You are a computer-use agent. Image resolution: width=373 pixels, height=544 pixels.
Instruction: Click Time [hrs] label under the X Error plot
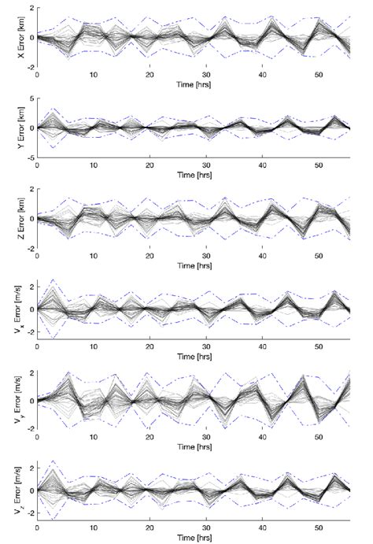[x=194, y=83]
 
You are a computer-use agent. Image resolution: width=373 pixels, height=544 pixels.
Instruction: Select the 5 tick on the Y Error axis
[x=30, y=98]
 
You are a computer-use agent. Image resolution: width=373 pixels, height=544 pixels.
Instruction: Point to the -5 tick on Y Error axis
[x=28, y=157]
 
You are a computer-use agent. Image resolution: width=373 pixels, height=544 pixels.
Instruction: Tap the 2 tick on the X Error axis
[x=30, y=8]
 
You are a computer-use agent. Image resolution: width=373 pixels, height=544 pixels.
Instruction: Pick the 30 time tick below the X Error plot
[x=205, y=75]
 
